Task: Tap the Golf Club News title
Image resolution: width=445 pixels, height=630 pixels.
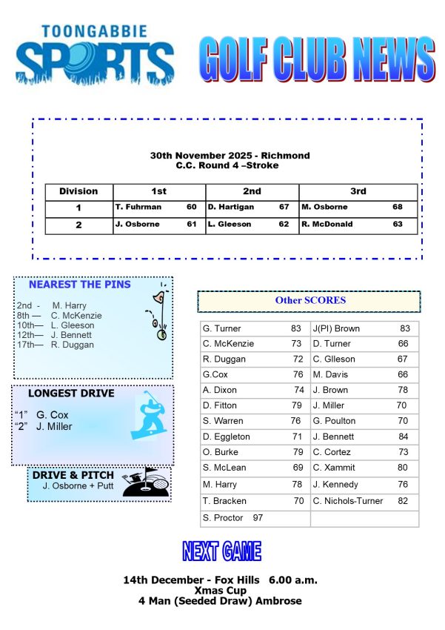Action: point(316,59)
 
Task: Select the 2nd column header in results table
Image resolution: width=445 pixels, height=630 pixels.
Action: point(252,191)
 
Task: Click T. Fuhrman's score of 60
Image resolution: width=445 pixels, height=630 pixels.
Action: point(192,208)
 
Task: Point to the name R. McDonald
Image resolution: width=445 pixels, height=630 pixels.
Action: point(327,224)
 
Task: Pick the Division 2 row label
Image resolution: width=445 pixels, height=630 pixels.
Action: point(78,225)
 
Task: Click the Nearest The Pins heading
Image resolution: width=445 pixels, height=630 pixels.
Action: point(79,285)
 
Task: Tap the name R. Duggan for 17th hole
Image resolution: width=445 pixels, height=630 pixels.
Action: point(73,345)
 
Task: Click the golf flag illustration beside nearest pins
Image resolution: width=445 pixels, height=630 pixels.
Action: point(157,311)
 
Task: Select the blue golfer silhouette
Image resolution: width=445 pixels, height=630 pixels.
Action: point(148,415)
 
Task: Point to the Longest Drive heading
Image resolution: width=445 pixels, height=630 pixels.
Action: point(71,394)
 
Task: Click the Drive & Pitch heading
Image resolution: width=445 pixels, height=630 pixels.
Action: point(73,475)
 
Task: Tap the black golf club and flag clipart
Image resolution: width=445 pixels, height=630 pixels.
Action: point(146,483)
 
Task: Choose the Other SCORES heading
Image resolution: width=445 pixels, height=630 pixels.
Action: point(310,301)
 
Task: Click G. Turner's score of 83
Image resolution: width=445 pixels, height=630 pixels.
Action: point(295,328)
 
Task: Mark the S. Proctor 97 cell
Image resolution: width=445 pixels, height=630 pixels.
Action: point(232,517)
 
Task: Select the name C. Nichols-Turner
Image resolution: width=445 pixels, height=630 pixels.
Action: point(347,501)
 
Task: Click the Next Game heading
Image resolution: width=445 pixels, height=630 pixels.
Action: point(221,551)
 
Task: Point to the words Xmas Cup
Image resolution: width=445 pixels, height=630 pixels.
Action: point(220,591)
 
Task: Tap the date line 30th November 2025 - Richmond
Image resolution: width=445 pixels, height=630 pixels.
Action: point(230,156)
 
